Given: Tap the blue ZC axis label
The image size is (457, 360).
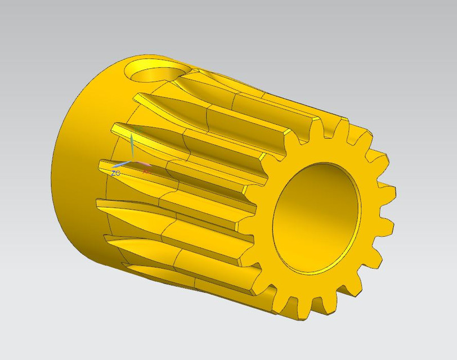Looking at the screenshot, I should tap(115, 173).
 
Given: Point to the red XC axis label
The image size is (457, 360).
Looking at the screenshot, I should tap(146, 171).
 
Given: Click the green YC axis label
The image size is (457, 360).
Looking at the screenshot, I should tap(138, 130).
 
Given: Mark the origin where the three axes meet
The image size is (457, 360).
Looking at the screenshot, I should tap(132, 161).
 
